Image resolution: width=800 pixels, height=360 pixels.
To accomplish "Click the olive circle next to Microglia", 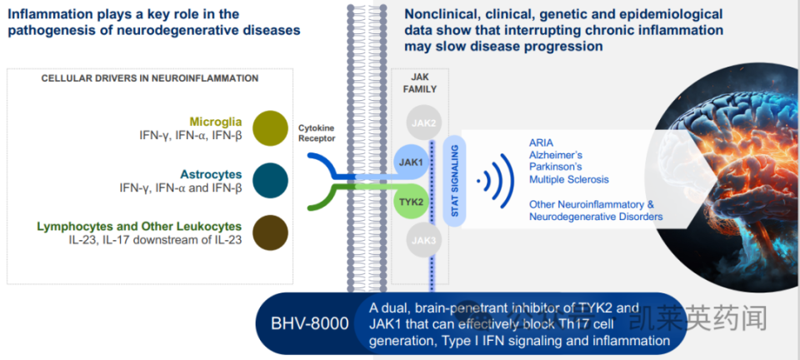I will click(270, 127).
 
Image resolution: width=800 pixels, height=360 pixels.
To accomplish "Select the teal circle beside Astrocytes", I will click(270, 180).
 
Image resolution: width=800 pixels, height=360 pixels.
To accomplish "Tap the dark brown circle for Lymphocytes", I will click(270, 232).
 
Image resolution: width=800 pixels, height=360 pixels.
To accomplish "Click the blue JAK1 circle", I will click(410, 162).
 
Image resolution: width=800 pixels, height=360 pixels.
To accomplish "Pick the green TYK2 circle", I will click(410, 201).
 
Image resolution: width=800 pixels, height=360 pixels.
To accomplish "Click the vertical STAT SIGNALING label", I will click(455, 180).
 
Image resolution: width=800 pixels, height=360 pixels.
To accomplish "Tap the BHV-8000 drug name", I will click(310, 324).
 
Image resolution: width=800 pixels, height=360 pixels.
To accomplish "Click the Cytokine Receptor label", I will click(316, 133).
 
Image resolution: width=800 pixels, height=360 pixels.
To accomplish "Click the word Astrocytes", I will click(211, 174).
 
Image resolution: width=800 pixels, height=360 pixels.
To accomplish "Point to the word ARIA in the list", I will click(542, 142).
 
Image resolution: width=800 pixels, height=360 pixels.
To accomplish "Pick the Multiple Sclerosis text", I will click(569, 179).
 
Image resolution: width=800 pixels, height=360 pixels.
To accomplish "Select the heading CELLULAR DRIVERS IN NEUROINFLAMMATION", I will click(150, 77).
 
